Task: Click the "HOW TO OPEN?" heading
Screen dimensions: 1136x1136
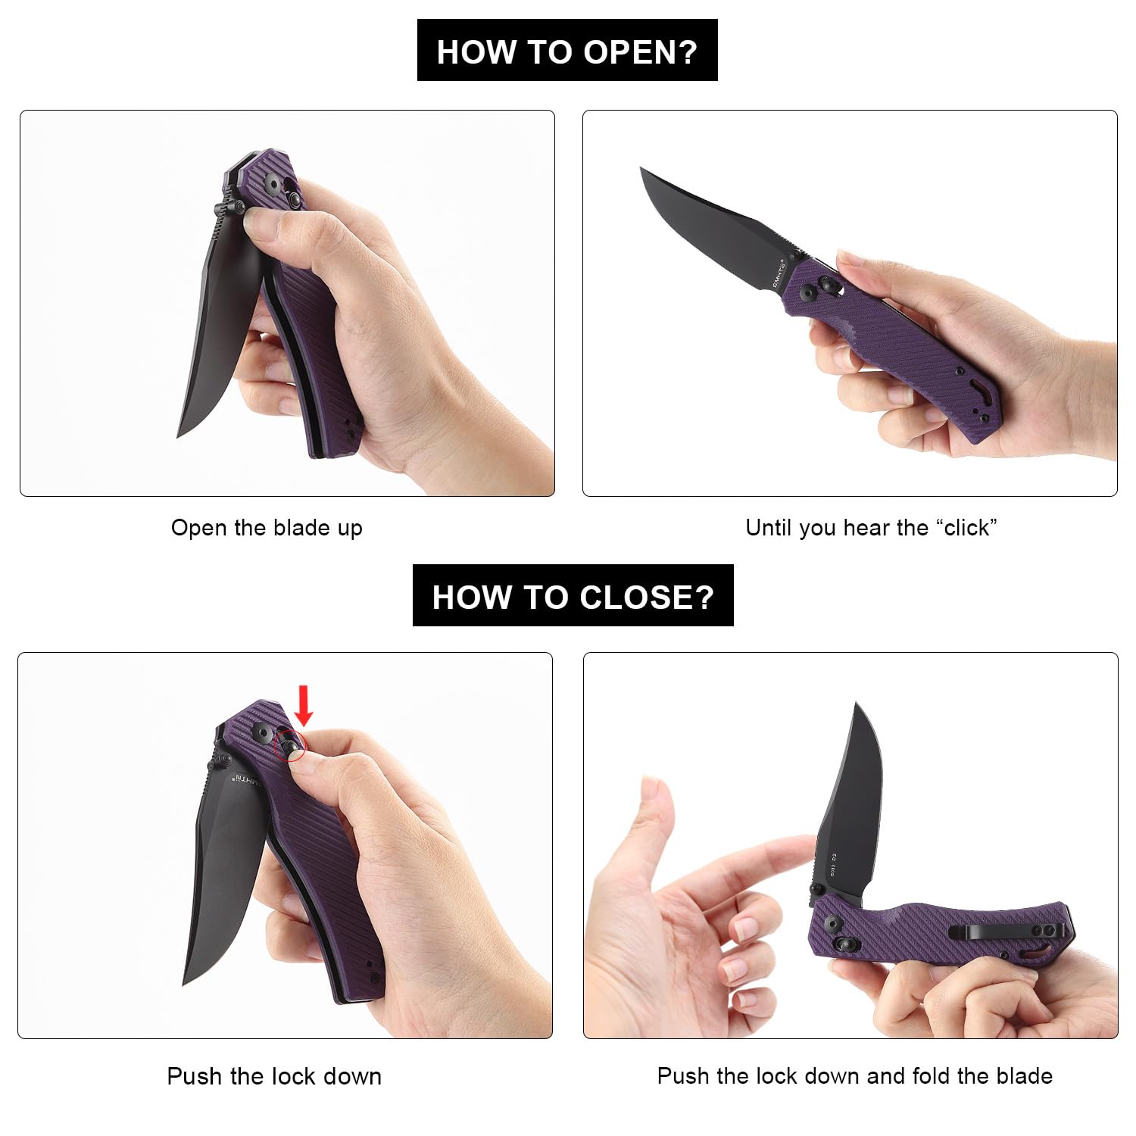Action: tap(567, 51)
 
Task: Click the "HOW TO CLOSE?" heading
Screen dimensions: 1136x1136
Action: tap(573, 597)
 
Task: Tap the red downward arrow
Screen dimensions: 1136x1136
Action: tap(304, 705)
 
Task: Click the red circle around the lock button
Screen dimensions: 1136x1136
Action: tap(289, 746)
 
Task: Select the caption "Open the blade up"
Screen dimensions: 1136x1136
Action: tap(267, 528)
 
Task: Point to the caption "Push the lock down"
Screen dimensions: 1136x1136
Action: tap(274, 1076)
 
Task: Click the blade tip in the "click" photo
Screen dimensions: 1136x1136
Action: tap(641, 168)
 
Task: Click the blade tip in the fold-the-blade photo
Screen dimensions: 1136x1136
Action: tap(857, 704)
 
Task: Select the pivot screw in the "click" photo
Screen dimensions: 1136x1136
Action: tap(809, 292)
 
